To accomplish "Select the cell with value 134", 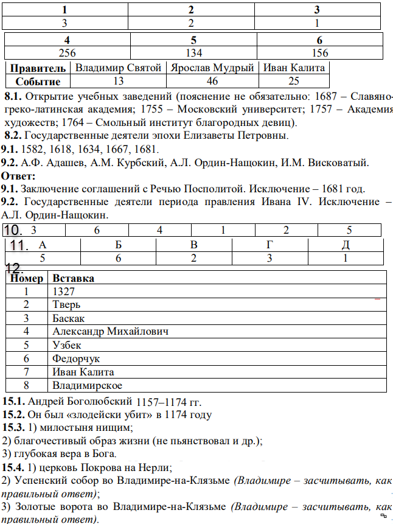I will coord(192,53).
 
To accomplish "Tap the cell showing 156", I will coord(319,53).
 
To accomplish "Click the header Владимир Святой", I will coord(118,68).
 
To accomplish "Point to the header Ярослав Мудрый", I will coord(212,68).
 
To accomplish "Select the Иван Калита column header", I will coord(294,68).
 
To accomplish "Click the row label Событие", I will coord(38,82).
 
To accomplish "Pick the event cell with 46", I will coord(212,82).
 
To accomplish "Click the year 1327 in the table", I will coord(63,292).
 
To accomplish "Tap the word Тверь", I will coord(66,305).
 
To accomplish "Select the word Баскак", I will coord(69,318).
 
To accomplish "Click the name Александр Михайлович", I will coord(110,332).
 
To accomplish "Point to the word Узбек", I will coord(67,345).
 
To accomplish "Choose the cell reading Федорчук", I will coord(76,358).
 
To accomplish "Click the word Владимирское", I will coord(87,385).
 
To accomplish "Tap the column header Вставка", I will coord(73,278).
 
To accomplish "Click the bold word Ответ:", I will coord(18,176).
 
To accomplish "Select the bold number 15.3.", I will coord(13,428).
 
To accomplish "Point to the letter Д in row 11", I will coord(346,245).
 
